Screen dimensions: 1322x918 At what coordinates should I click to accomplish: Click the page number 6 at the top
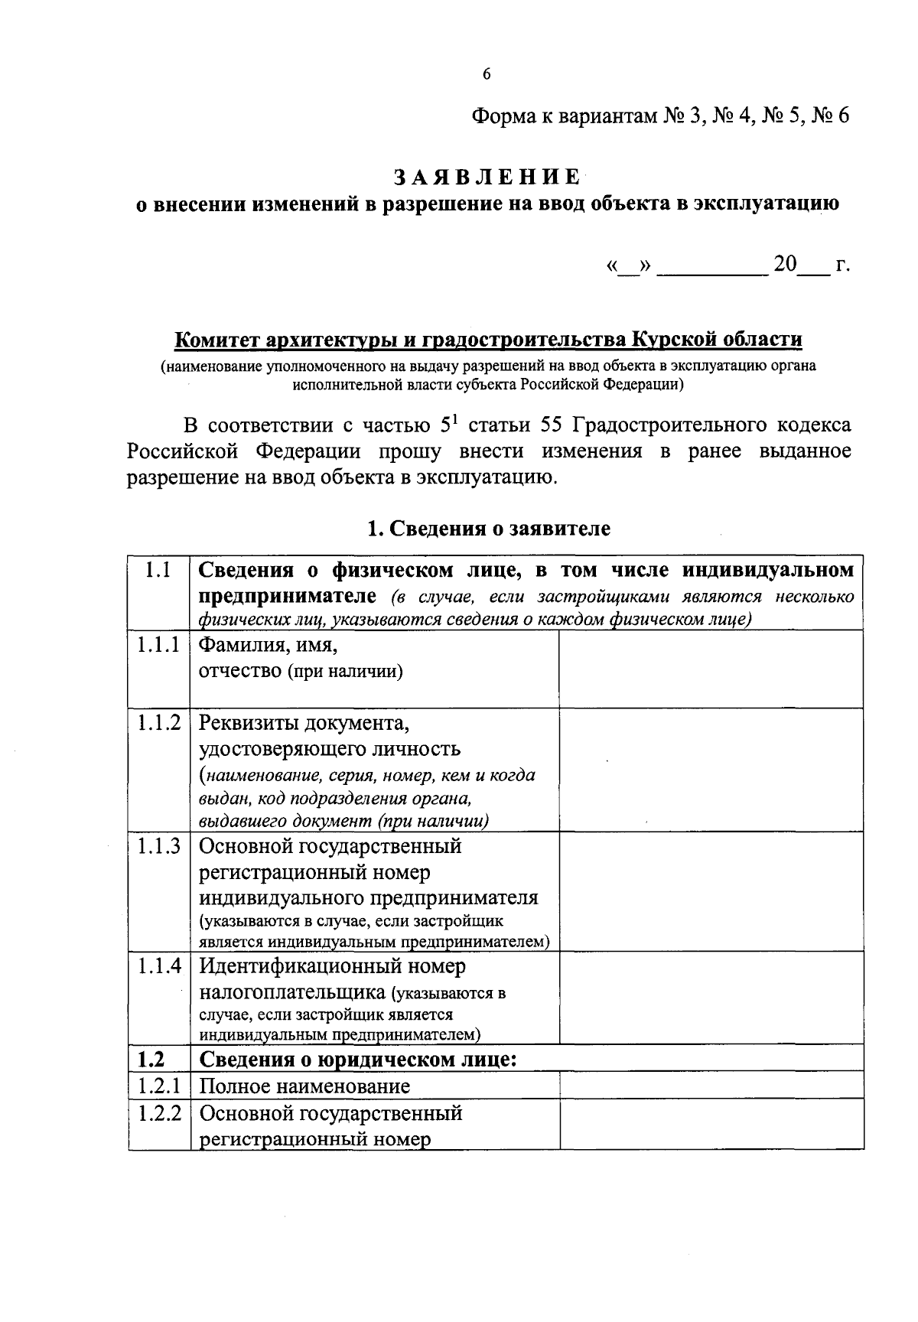point(487,74)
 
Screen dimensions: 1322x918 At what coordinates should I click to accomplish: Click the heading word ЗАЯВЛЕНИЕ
point(487,177)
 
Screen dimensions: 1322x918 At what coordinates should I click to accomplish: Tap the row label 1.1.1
point(159,645)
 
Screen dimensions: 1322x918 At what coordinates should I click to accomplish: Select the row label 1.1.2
point(159,722)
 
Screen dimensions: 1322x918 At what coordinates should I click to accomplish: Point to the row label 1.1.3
point(159,846)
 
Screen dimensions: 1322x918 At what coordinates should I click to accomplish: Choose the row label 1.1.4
point(159,965)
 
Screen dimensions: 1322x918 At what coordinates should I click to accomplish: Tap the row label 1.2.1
point(159,1086)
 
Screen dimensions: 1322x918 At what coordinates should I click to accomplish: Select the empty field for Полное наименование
point(711,1086)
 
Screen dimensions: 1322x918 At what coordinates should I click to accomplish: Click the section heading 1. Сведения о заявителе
point(489,529)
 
